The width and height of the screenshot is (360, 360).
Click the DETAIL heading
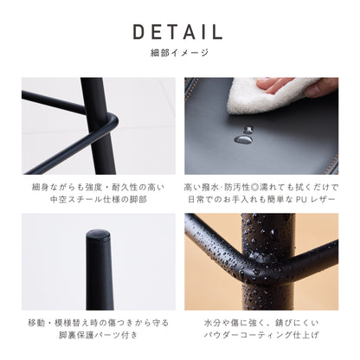[179, 32]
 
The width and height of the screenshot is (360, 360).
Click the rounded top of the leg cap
[99, 235]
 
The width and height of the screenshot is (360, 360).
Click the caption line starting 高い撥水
[261, 187]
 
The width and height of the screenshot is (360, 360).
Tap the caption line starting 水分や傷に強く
[261, 323]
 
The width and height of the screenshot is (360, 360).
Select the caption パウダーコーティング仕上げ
[261, 338]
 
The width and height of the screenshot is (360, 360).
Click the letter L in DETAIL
[217, 32]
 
